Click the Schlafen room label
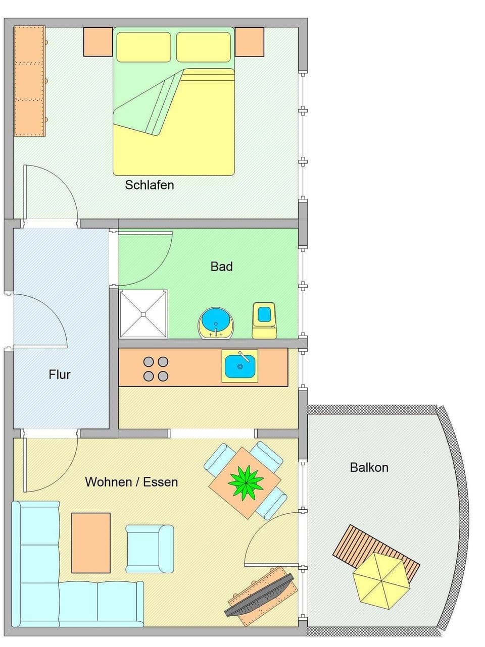pos(150,185)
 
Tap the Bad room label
pos(221,266)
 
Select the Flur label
pos(60,374)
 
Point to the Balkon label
pos(369,467)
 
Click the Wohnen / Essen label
pos(131,482)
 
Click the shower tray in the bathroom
pos(143,313)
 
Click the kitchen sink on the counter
pos(239,366)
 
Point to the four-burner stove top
pos(156,369)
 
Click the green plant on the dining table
pos(246,482)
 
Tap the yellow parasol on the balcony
pos(381,579)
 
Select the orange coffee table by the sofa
pos(91,543)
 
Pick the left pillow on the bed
pos(144,47)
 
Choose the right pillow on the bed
pos(204,47)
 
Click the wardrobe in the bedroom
pos(29,81)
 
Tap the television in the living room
pos(260,597)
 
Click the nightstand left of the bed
pos(98,42)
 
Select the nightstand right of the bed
pos(250,42)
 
